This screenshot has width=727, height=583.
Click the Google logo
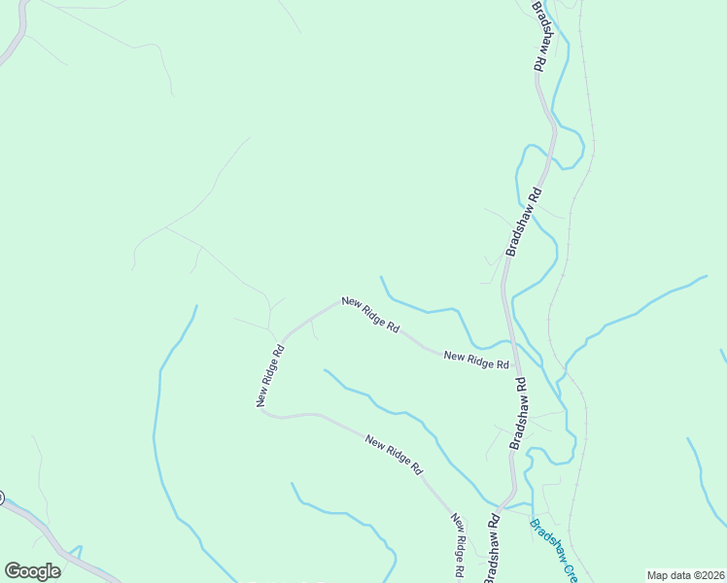[x=32, y=571]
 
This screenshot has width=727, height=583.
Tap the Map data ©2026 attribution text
[x=685, y=575]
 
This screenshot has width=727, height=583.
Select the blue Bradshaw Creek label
[x=553, y=550]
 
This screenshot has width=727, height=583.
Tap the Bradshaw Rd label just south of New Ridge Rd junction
[x=519, y=413]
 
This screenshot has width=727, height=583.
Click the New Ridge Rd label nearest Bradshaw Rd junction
[x=476, y=360]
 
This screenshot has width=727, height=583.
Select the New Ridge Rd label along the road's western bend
[x=271, y=376]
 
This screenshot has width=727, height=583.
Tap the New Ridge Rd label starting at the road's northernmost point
[x=370, y=315]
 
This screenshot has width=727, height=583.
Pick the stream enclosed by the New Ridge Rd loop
[x=408, y=414]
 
